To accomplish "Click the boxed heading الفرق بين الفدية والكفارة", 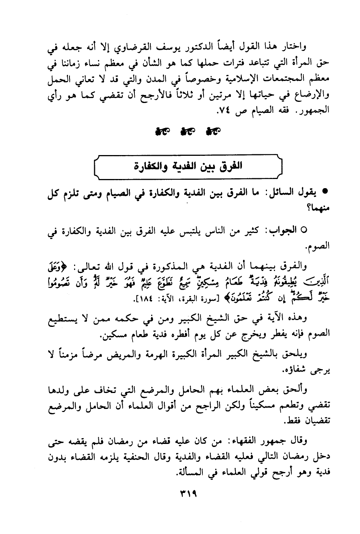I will [188, 166].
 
